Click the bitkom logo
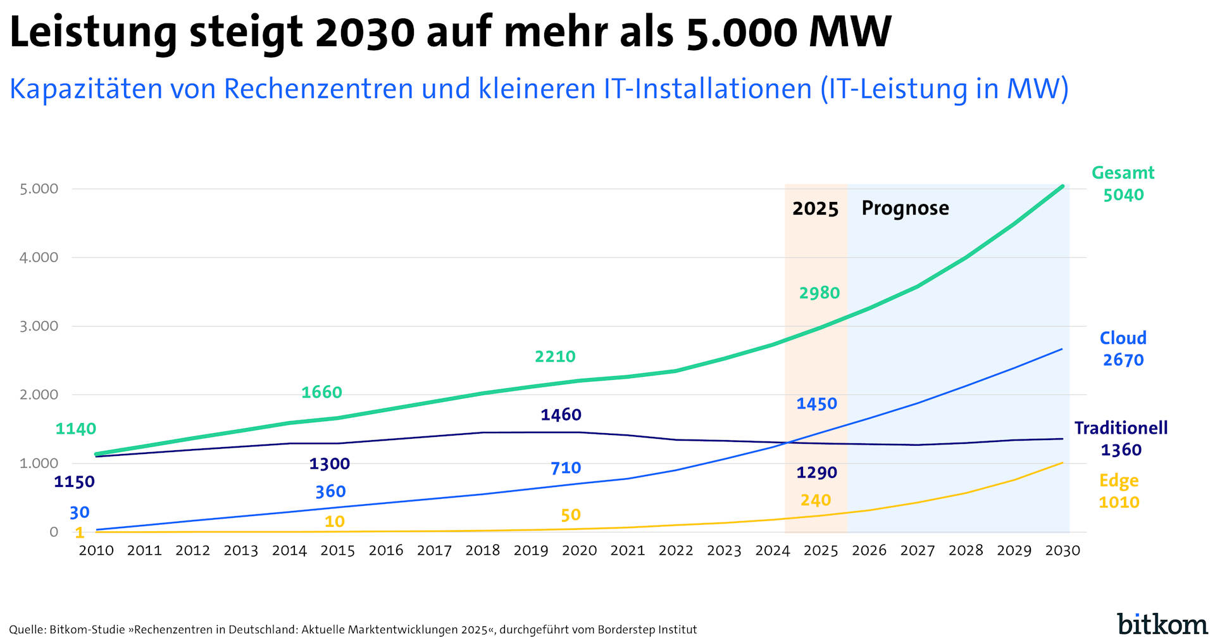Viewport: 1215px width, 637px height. pyautogui.click(x=1162, y=624)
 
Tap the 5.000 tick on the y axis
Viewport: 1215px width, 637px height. pyautogui.click(x=39, y=189)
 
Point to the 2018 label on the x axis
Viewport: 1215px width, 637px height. pyautogui.click(x=482, y=550)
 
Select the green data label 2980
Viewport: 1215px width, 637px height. pyautogui.click(x=819, y=293)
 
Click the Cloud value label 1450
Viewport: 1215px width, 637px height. pyautogui.click(x=816, y=404)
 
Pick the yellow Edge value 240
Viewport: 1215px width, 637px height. pyautogui.click(x=815, y=501)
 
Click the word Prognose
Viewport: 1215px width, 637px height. pyautogui.click(x=905, y=208)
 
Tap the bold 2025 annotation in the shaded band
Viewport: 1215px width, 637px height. pyautogui.click(x=815, y=209)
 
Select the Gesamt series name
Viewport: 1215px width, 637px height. pyautogui.click(x=1123, y=173)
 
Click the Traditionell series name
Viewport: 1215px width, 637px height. pyautogui.click(x=1121, y=428)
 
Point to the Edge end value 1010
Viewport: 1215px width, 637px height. pyautogui.click(x=1119, y=503)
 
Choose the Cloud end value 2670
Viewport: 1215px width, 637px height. pyautogui.click(x=1123, y=360)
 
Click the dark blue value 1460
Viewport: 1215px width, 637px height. pyautogui.click(x=561, y=415)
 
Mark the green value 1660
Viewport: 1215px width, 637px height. pyautogui.click(x=321, y=393)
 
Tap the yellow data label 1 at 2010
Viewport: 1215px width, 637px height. pyautogui.click(x=80, y=533)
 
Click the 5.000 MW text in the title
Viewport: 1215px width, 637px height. pyautogui.click(x=788, y=32)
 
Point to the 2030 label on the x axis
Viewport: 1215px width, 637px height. pyautogui.click(x=1062, y=550)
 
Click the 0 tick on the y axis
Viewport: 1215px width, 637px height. pyautogui.click(x=54, y=532)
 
